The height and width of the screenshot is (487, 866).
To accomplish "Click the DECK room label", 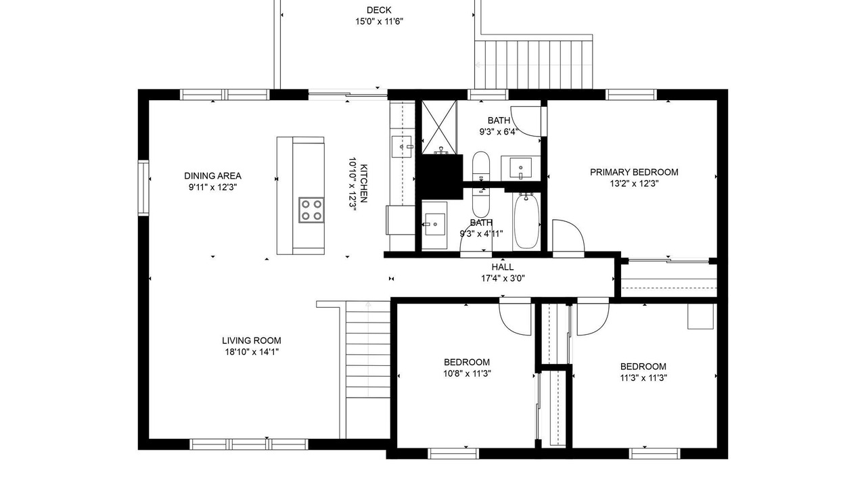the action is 379,10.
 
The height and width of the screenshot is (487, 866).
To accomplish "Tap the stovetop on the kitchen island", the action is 311,210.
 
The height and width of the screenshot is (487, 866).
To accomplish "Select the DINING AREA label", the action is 212,176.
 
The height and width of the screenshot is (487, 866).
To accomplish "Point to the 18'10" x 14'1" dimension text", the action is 252,352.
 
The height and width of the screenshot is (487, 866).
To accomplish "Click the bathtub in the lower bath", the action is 526,221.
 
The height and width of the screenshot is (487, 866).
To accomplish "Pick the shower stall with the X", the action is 439,127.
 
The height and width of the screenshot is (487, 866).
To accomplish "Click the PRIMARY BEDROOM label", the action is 634,172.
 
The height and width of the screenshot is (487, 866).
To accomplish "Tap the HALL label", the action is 503,266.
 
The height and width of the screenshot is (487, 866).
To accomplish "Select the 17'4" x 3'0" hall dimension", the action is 503,278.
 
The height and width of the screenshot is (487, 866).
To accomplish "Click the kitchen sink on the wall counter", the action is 402,147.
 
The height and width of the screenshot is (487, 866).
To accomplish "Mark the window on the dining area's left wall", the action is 143,188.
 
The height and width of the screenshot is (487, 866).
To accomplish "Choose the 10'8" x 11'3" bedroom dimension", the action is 467,374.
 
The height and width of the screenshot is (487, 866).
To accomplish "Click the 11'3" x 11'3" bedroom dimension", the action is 643,378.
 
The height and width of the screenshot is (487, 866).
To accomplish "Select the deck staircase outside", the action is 534,64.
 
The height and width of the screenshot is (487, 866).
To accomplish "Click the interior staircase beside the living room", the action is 367,370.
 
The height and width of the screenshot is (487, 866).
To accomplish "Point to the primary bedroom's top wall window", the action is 631,95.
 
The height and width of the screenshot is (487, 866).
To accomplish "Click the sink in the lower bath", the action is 435,224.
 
